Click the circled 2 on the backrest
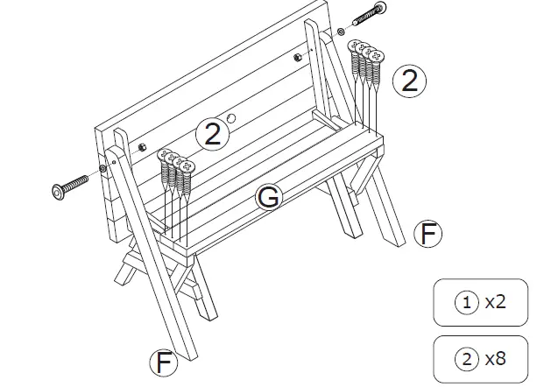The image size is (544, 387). coord(211,134)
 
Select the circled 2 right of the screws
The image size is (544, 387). coord(408,81)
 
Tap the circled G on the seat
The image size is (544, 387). coord(269,198)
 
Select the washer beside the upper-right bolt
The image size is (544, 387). coord(341,32)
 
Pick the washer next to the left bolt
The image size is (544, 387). coord(102,168)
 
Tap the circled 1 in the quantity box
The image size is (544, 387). coord(467,303)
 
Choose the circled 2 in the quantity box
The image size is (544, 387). coord(467,358)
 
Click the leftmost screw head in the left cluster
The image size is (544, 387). coord(164,155)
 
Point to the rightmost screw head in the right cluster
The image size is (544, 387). coord(378,57)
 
